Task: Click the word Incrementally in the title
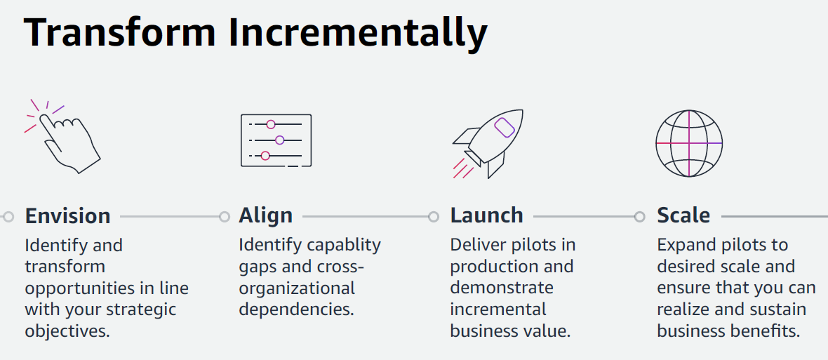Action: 359,33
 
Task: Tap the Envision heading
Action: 67,215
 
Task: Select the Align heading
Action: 265,215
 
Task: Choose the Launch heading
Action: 486,215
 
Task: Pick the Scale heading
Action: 683,215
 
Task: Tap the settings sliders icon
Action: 276,140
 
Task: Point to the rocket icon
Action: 488,142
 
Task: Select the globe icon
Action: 688,142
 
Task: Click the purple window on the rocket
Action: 505,127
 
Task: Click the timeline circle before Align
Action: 224,217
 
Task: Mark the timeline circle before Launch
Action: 434,217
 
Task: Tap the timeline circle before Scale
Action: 639,217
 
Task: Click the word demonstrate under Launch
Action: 501,288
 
